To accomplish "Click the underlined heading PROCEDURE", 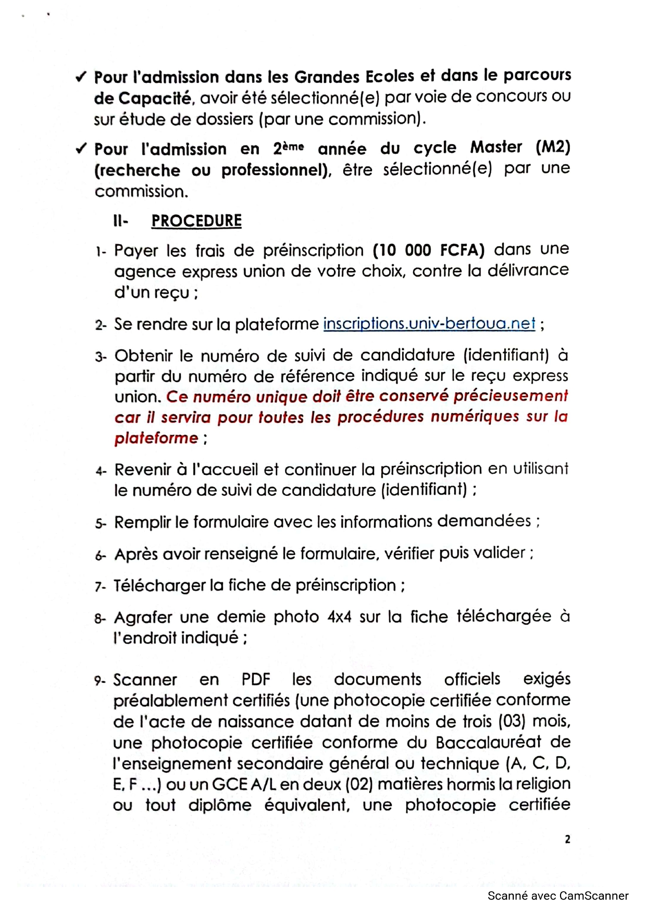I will pos(196,221).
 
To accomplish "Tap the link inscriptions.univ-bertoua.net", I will pos(429,324).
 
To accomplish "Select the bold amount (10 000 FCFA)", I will pos(428,251).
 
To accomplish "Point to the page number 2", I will pos(567,839).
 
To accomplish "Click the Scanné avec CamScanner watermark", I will pos(557,896).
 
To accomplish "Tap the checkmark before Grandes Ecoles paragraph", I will pos(81,78).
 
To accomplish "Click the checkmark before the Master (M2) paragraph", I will pos(81,149).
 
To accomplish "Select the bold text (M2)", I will pos(553,147).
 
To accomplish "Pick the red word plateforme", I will pos(156,438).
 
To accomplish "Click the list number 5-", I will pos(101,523).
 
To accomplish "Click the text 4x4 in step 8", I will pos(339,617).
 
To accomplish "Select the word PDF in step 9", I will pos(256,680).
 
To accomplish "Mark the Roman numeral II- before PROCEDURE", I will pos(120,221).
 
